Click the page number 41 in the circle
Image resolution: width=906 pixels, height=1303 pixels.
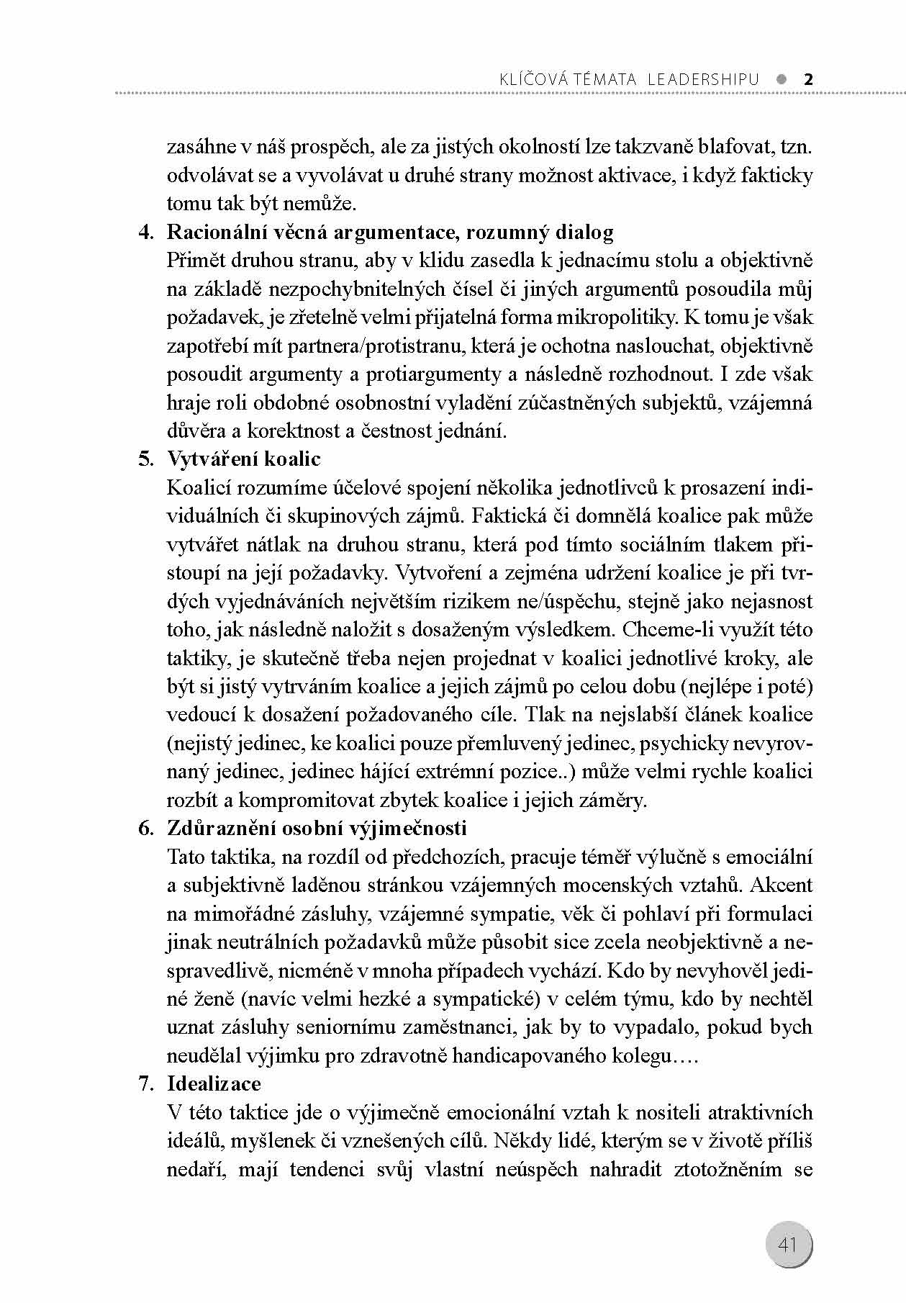click(x=787, y=1244)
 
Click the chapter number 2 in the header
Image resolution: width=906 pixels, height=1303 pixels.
click(x=807, y=79)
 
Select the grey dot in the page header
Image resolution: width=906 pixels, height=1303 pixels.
click(x=782, y=79)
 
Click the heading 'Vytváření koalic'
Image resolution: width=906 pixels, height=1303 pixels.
click(x=244, y=459)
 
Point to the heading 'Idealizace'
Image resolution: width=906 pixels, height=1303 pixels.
click(x=214, y=1083)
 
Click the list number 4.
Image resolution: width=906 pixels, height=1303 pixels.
click(x=146, y=233)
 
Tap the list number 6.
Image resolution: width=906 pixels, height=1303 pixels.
click(x=146, y=828)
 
